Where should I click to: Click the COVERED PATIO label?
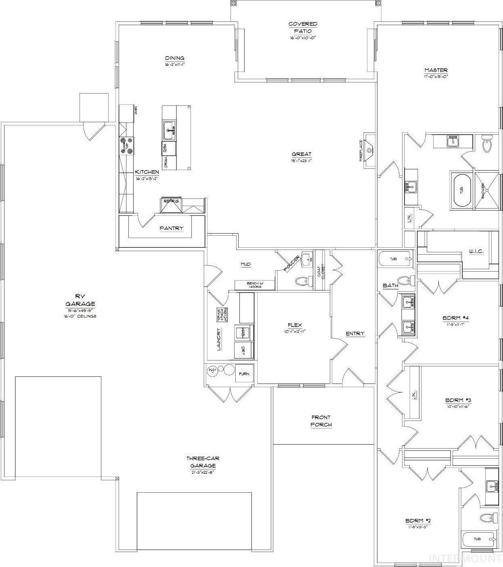point(302,27)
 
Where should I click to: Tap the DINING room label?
point(174,58)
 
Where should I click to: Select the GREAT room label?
point(302,154)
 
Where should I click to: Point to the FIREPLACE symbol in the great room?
point(368,151)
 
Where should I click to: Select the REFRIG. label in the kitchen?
point(171,201)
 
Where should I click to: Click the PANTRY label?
point(171,228)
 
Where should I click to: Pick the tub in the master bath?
point(461,189)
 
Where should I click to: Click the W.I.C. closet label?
point(476,251)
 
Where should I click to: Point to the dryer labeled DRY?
point(244,350)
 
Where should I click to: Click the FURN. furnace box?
point(244,374)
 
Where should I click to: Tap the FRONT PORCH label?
point(321,421)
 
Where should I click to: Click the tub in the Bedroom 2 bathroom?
point(478,539)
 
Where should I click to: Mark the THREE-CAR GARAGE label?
point(202,462)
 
